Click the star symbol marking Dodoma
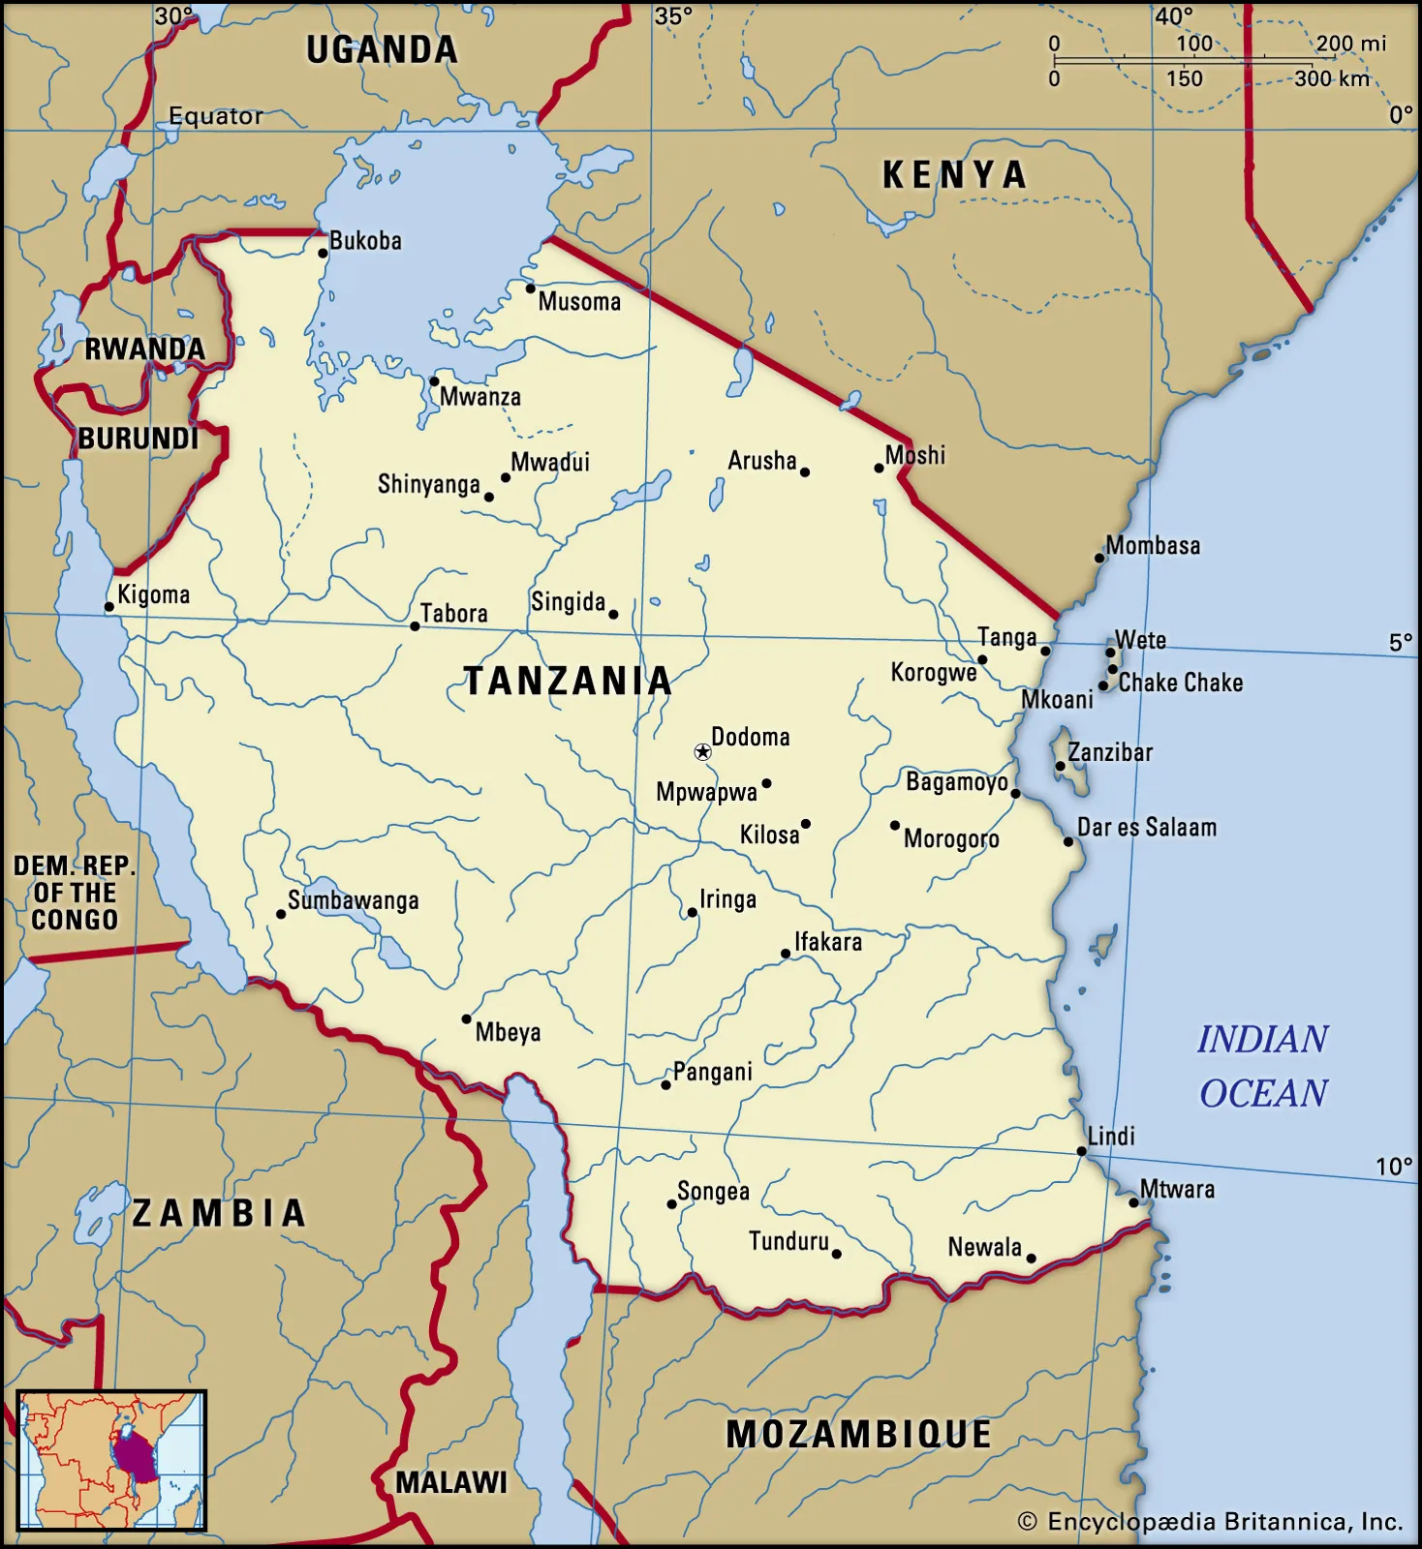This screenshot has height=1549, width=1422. [x=702, y=751]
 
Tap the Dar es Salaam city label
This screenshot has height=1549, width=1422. [x=1147, y=828]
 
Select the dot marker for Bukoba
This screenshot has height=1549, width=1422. [x=324, y=254]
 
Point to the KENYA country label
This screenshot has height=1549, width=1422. [x=954, y=175]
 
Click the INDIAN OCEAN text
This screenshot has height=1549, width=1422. [x=1263, y=1066]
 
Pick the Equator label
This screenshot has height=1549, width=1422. [x=215, y=116]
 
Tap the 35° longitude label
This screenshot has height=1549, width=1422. [x=673, y=16]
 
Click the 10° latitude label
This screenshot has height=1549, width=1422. [x=1394, y=1167]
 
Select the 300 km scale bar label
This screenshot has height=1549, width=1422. [x=1332, y=79]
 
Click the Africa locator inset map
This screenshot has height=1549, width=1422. [x=111, y=1460]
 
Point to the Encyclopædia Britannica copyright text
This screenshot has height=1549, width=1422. [x=1211, y=1522]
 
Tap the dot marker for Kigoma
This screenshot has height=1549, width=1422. [x=109, y=608]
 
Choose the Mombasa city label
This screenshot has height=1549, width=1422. [x=1153, y=546]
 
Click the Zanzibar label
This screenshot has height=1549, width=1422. [x=1110, y=752]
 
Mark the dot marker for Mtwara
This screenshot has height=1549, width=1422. [x=1133, y=1202]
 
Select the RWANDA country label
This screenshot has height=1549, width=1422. [x=144, y=349]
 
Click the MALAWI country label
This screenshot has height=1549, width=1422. [x=451, y=1482]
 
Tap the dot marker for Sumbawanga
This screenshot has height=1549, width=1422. [x=281, y=914]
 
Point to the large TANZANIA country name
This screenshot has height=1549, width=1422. [x=568, y=682]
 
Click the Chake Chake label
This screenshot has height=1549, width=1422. [x=1180, y=683]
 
